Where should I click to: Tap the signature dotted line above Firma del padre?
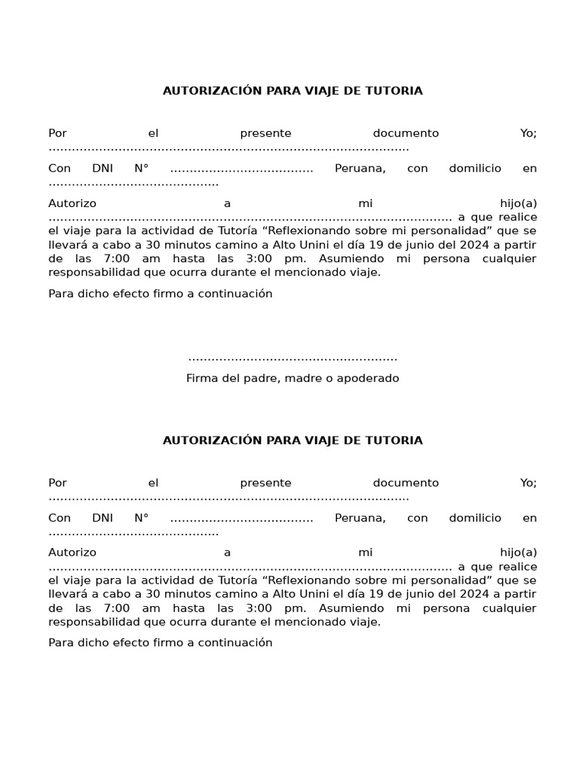293,358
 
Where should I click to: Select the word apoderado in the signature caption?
369,378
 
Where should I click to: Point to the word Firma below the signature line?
202,378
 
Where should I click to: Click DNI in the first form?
103,169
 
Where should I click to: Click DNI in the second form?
103,518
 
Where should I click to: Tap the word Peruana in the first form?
360,169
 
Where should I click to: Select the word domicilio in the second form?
475,518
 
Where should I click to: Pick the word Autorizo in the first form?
72,203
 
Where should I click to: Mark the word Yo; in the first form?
528,133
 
